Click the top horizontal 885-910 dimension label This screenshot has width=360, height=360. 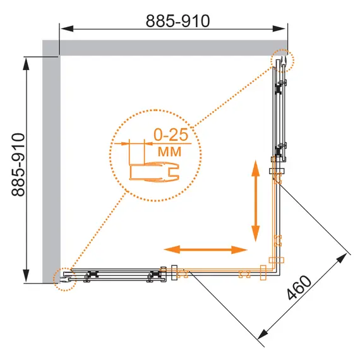[178, 21]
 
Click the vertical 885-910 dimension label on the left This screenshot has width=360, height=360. [18, 165]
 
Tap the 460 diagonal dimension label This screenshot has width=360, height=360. [299, 287]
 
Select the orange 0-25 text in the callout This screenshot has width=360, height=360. [171, 135]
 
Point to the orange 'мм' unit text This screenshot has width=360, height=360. [170, 152]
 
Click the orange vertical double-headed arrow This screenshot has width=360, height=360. [256, 201]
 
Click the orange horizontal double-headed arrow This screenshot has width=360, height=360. [205, 249]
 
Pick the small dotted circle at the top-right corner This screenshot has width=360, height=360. [282, 61]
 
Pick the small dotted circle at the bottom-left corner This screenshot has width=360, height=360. [64, 279]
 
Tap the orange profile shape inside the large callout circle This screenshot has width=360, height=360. [154, 172]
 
